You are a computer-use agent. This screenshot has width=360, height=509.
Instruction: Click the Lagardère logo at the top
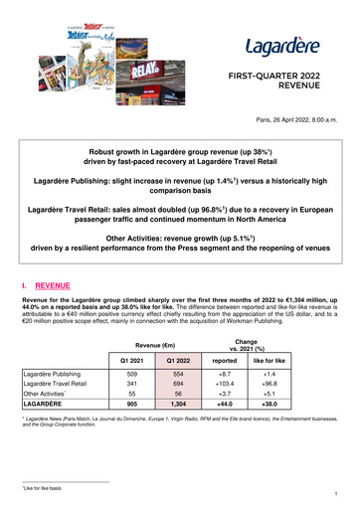pos(280,46)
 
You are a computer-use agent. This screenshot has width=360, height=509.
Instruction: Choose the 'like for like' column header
pos(312,359)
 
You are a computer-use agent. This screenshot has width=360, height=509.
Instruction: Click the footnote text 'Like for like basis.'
pos(42,487)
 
